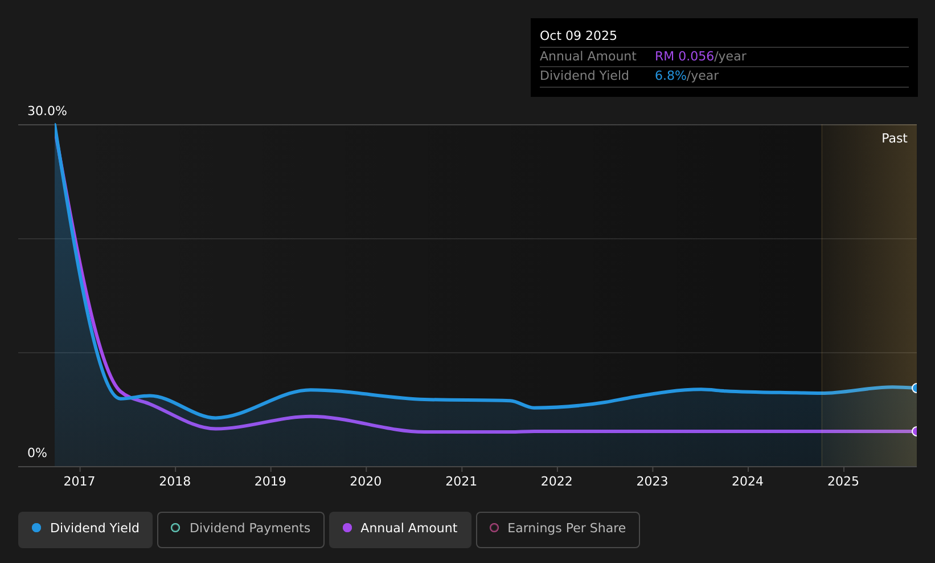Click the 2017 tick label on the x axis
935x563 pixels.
[x=79, y=482]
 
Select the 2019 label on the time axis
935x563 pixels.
[x=270, y=482]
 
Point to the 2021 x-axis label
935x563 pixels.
[x=461, y=482]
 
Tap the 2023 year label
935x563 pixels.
[x=653, y=482]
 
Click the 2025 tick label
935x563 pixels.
[x=843, y=482]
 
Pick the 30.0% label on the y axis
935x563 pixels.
[x=47, y=111]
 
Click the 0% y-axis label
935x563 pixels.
[x=37, y=453]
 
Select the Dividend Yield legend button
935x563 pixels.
[x=85, y=529]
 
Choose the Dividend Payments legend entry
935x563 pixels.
[x=241, y=529]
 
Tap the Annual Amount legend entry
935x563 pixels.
[x=400, y=529]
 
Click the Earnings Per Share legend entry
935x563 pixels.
[x=558, y=529]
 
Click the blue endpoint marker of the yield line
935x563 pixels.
[x=916, y=388]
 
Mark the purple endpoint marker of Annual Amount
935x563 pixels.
[x=916, y=431]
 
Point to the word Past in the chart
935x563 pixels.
[x=895, y=138]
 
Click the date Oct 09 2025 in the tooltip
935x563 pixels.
[x=578, y=36]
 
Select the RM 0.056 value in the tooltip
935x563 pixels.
[x=684, y=56]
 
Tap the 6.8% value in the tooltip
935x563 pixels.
[x=671, y=76]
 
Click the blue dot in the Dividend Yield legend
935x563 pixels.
[x=36, y=528]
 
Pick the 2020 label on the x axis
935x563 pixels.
[x=366, y=482]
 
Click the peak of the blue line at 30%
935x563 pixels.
[x=55, y=125]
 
